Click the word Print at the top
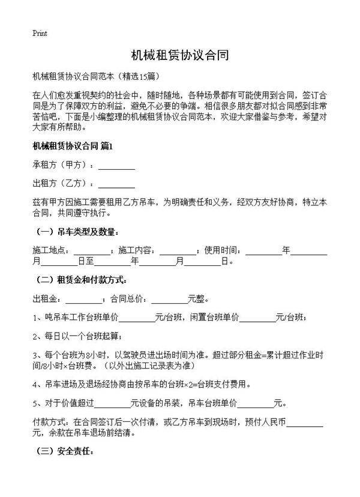point(40,33)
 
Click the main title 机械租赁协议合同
point(179,56)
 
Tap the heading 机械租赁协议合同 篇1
point(73,146)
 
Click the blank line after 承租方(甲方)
point(116,166)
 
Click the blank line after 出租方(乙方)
point(116,184)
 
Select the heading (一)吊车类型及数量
point(74,232)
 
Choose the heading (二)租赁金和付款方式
point(81,279)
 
